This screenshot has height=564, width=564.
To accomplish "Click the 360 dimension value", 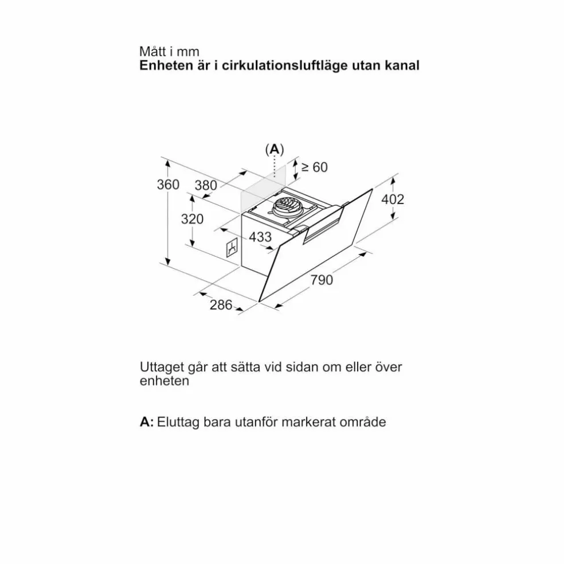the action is coord(168,185).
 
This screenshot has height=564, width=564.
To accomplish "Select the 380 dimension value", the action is coord(206,186).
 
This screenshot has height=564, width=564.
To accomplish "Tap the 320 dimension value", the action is coord(192,219).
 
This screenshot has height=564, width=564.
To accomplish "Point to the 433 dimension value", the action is coord(260,237).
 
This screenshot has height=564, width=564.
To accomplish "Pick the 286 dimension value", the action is coord(221,305).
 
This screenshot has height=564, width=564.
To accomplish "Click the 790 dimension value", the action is coord(322,280).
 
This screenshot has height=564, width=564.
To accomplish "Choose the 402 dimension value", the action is coord(393,199).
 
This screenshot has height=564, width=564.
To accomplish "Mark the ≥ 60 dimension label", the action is coord(314,167).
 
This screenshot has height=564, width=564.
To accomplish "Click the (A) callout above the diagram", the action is coord(275,149).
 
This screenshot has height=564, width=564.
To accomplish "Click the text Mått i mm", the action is coord(169,52).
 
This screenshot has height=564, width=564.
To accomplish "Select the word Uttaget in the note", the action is coord(161,367).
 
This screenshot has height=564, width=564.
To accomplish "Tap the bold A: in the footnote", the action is coord(147,421).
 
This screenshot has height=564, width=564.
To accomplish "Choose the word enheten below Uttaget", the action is coord(164,381).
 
